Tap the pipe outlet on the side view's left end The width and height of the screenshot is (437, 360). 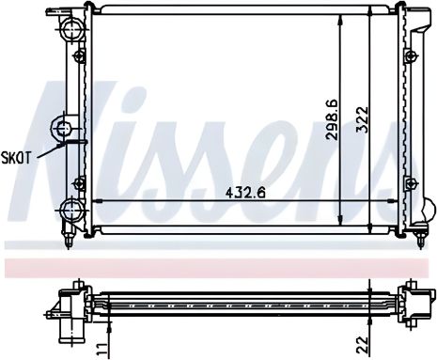pyautogui.click(x=68, y=325)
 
